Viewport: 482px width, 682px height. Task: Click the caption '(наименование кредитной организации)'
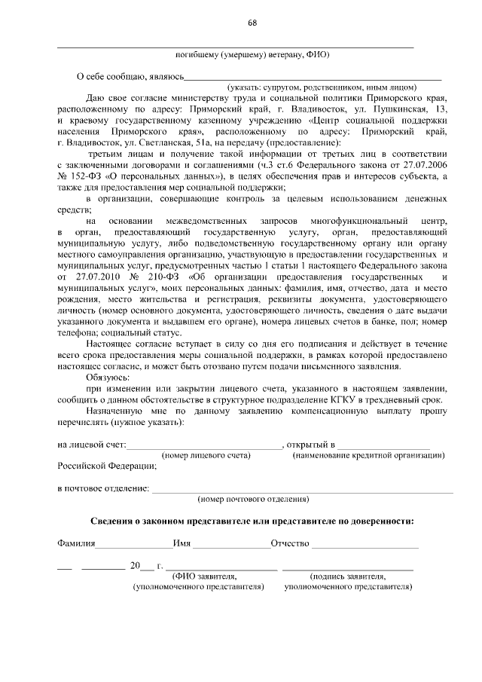tap(368, 455)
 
